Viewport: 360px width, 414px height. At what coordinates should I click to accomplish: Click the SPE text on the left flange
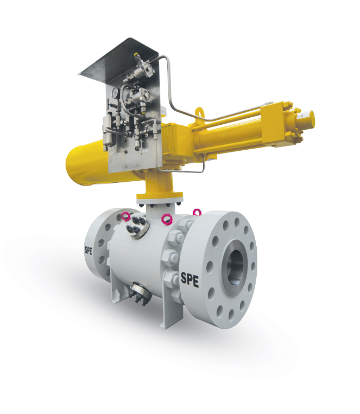tap(89, 250)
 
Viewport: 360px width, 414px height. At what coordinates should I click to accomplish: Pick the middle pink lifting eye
tap(168, 219)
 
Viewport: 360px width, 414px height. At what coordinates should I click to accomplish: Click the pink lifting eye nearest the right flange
tap(197, 212)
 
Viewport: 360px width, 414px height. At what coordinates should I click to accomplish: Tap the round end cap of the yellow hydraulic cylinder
tap(307, 118)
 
